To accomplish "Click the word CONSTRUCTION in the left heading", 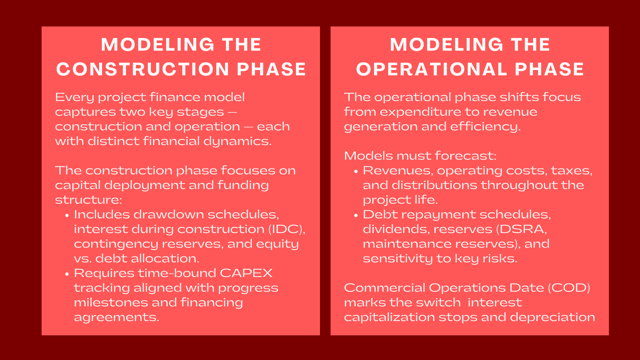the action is (143, 69).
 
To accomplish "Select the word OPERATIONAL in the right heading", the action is (432, 69).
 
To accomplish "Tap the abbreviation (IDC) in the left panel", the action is (287, 229).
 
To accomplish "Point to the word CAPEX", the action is (246, 273).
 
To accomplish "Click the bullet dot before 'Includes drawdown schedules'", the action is (67, 216).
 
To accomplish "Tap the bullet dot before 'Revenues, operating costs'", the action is (356, 172).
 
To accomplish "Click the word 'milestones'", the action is (111, 302).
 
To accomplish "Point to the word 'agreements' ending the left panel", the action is (116, 318).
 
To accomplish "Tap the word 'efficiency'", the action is (486, 127).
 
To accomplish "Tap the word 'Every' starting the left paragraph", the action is (74, 98).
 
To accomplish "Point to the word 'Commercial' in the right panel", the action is (384, 288).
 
